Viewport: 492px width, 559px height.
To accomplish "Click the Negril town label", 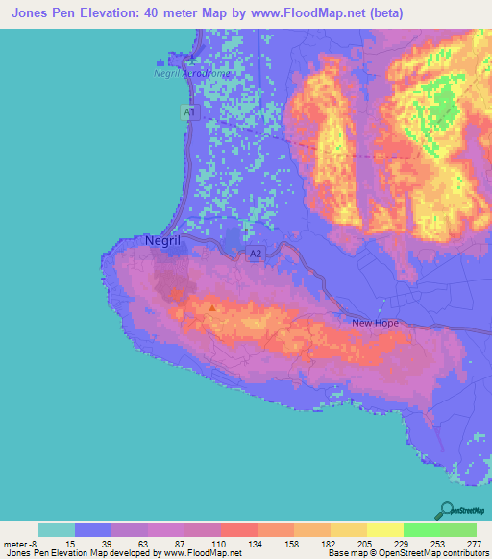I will (x=162, y=242).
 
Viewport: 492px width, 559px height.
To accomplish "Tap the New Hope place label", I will (x=375, y=324).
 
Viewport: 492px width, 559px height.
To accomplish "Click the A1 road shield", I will (x=189, y=112).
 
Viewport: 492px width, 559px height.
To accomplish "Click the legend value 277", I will (x=474, y=542).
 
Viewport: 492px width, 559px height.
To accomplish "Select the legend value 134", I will (x=257, y=542).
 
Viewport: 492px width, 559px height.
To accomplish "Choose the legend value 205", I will (x=365, y=542).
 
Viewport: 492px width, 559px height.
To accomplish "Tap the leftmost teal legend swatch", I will (x=57, y=529).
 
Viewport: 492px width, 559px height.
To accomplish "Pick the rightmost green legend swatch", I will (x=457, y=529).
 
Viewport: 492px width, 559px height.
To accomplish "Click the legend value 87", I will (x=184, y=542).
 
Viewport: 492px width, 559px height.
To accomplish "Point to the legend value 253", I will (x=438, y=542).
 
